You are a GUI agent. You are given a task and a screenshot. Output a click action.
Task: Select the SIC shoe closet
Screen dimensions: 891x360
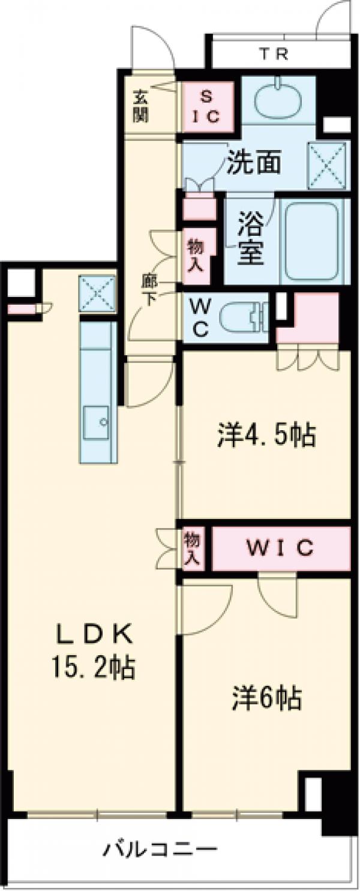pyautogui.click(x=207, y=107)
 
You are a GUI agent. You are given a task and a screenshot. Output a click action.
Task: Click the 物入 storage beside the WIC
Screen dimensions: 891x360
pyautogui.click(x=191, y=547)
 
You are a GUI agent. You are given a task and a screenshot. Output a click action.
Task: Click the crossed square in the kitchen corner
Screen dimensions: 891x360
pyautogui.click(x=97, y=293)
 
